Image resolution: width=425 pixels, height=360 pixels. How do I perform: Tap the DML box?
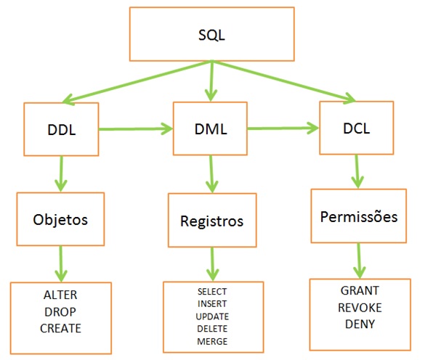210,129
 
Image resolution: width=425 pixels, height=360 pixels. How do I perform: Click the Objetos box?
61,218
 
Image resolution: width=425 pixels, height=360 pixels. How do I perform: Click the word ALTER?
61,296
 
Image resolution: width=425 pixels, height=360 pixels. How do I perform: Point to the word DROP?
61,311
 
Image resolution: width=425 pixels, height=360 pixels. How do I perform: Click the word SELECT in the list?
211,292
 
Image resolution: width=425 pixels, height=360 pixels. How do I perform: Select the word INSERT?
211,304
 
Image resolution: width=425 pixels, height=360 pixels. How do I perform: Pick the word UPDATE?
211,316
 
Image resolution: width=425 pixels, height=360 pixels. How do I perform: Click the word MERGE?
211,341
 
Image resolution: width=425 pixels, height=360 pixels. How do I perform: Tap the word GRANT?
360,290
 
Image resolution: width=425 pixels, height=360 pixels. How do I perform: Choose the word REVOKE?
360,307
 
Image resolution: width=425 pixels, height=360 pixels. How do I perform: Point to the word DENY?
360,324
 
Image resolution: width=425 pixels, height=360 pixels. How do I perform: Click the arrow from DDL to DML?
135,129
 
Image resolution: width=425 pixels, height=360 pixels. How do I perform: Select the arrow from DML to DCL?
284,128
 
